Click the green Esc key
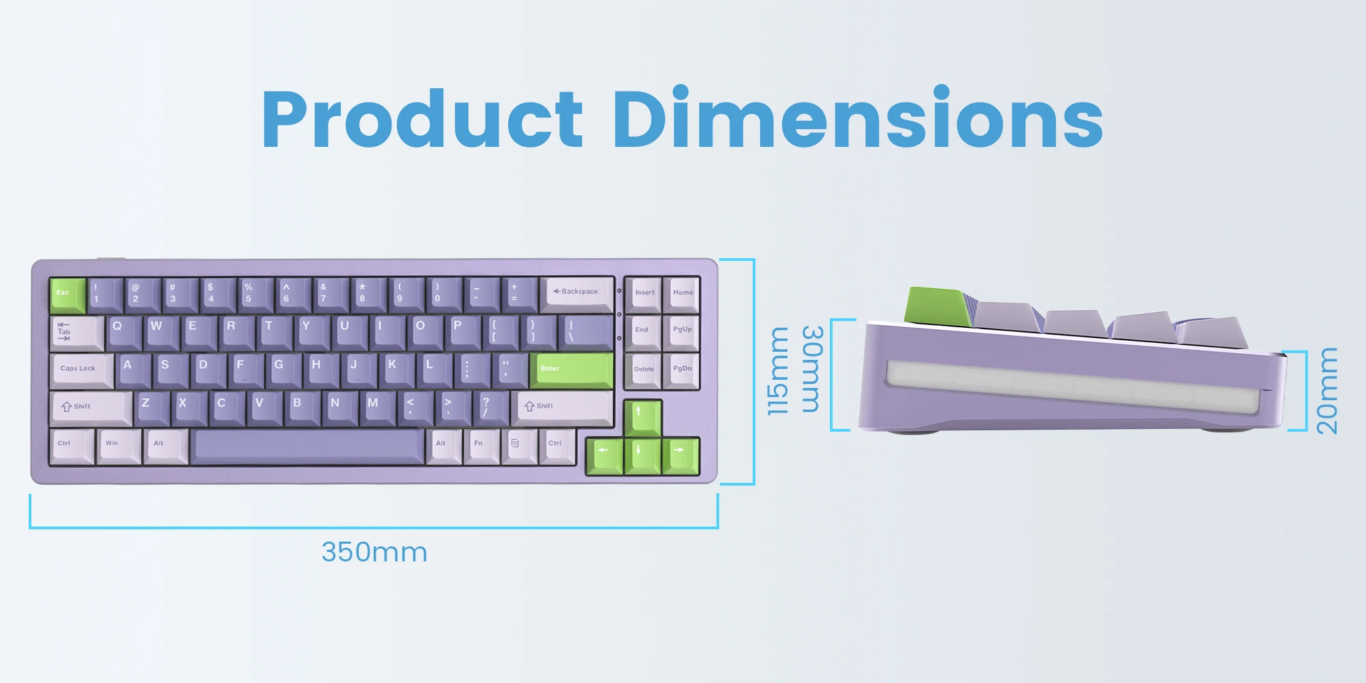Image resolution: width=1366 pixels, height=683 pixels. (68, 295)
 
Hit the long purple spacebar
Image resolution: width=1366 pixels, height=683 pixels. (307, 447)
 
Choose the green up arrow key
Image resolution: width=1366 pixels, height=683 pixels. (643, 417)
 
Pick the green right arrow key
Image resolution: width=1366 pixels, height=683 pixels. (681, 456)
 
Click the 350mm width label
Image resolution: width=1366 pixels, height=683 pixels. (374, 552)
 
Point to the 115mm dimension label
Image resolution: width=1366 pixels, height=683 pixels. (778, 371)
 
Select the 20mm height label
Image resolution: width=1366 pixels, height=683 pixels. (1326, 391)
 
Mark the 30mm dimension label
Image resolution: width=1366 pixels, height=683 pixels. (811, 369)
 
